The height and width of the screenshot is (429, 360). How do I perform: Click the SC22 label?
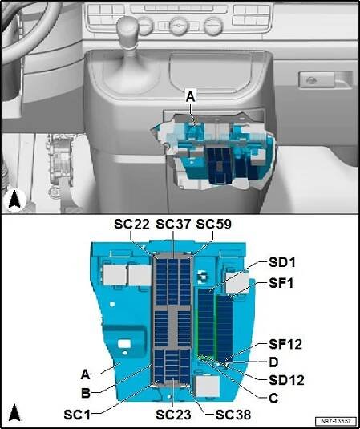tap(131, 225)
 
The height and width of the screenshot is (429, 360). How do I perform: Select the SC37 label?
tap(173, 225)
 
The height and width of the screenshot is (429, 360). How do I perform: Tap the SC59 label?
tap(214, 225)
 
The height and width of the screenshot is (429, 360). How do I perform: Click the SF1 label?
tap(281, 283)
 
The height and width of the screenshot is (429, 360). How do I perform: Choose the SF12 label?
tap(285, 345)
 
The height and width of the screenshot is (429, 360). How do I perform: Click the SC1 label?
tap(77, 415)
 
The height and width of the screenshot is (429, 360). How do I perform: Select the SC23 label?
tap(173, 415)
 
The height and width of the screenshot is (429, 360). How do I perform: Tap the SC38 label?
tap(233, 415)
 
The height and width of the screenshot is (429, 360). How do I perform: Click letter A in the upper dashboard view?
tap(190, 98)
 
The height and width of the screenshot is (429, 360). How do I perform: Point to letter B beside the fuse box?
tap(86, 394)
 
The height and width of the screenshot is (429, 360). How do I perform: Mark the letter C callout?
tap(273, 398)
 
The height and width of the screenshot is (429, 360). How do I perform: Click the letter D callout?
tap(273, 362)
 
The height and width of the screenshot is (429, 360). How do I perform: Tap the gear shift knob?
tap(127, 29)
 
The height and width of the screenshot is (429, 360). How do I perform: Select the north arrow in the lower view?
tap(14, 414)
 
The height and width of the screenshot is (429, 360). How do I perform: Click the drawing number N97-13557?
tap(336, 420)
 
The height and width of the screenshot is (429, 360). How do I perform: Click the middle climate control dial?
tap(178, 26)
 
